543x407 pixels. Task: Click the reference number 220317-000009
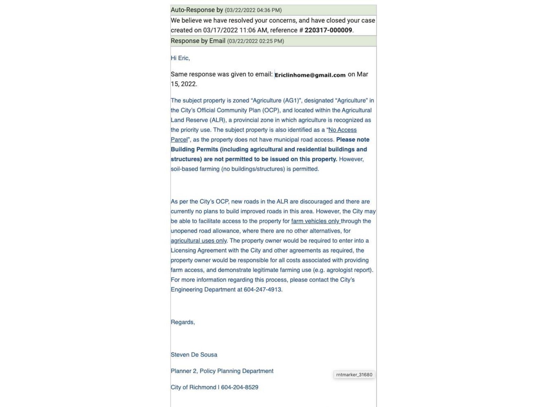pyautogui.click(x=328, y=30)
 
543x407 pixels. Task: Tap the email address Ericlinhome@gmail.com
pyautogui.click(x=310, y=75)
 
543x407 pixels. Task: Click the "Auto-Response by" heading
pyautogui.click(x=197, y=10)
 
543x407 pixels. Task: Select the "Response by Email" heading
pyautogui.click(x=198, y=41)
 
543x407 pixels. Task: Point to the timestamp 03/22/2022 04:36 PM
pyautogui.click(x=253, y=10)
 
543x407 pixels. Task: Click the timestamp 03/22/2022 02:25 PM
pyautogui.click(x=256, y=41)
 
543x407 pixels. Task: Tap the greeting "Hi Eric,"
pyautogui.click(x=180, y=58)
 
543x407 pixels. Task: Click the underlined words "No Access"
pyautogui.click(x=342, y=130)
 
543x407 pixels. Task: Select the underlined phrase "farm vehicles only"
pyautogui.click(x=315, y=221)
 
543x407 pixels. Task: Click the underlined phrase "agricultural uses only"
pyautogui.click(x=199, y=241)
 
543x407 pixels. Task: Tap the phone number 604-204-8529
pyautogui.click(x=240, y=387)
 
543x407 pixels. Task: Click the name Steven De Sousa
pyautogui.click(x=194, y=355)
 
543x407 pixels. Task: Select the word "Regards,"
pyautogui.click(x=183, y=322)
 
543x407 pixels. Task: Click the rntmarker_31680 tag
pyautogui.click(x=354, y=375)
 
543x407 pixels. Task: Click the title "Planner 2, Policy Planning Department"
pyautogui.click(x=222, y=371)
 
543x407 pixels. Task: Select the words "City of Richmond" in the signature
pyautogui.click(x=193, y=387)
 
